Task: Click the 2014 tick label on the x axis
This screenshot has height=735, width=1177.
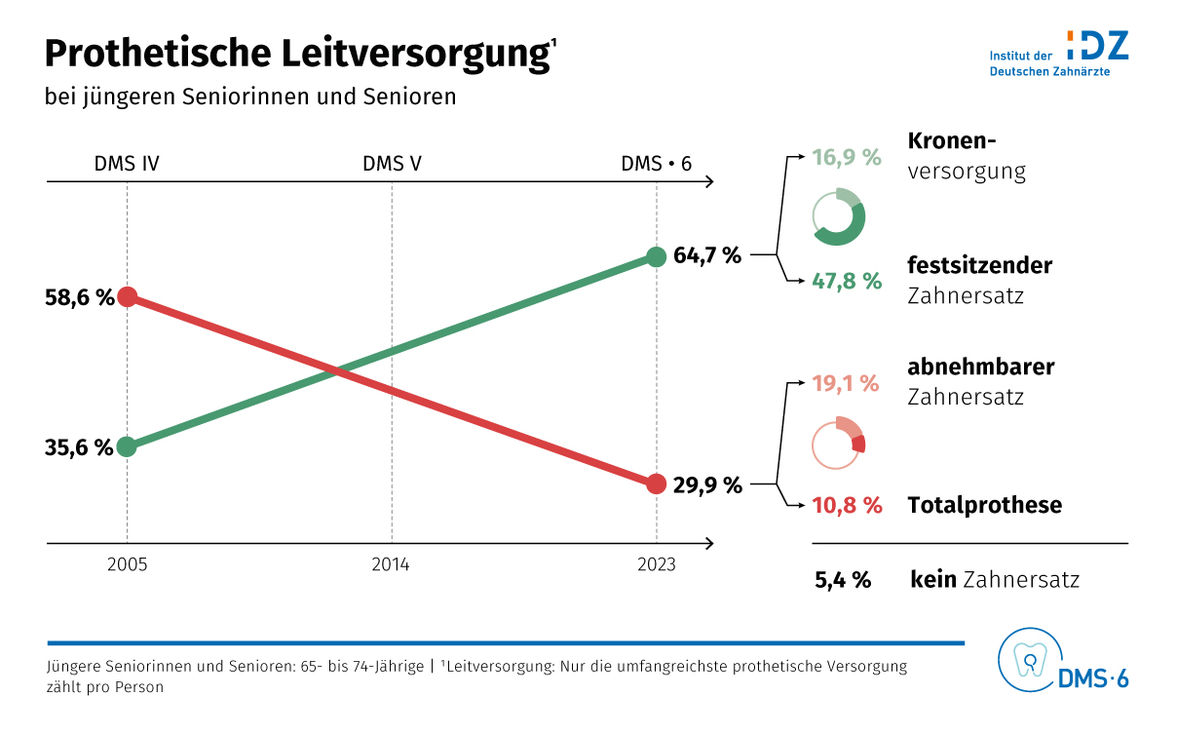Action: [x=391, y=565]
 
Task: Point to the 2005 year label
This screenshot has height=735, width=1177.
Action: [x=127, y=565]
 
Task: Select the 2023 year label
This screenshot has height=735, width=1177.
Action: [x=656, y=565]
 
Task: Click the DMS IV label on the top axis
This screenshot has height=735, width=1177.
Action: [x=127, y=164]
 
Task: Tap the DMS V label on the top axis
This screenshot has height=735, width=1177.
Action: [x=392, y=164]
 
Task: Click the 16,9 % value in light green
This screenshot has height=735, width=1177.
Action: [x=847, y=157]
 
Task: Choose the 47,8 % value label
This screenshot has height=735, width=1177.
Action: [x=847, y=281]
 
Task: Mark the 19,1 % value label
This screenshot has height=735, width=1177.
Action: [x=846, y=384]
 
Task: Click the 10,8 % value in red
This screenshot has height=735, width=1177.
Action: [x=847, y=506]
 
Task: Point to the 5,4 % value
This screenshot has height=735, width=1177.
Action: [x=843, y=580]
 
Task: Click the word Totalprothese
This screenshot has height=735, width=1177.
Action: [x=984, y=506]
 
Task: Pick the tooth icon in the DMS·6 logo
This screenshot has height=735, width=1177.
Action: [x=1029, y=660]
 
